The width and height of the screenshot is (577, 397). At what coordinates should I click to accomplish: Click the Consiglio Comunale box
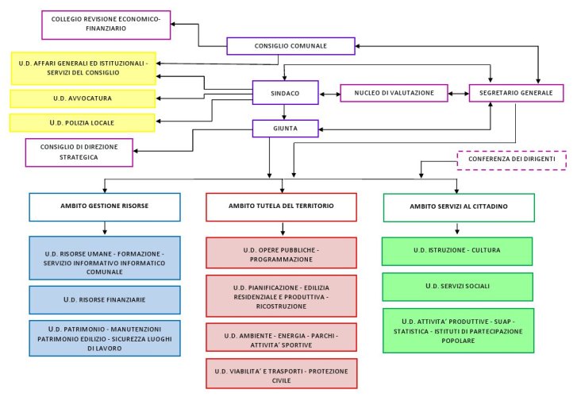tap(290, 46)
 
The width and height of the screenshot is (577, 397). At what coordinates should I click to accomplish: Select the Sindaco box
tap(285, 93)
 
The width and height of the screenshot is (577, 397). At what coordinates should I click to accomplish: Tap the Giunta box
tap(285, 127)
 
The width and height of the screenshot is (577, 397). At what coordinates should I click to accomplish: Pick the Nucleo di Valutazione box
tap(394, 93)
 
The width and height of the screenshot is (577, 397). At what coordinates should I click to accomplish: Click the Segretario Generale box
tap(515, 93)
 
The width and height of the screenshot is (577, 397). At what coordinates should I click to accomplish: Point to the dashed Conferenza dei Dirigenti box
tap(511, 160)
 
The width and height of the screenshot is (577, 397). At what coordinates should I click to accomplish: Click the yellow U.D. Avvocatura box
tap(83, 98)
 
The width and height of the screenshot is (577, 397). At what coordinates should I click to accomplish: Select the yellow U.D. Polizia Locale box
tap(83, 123)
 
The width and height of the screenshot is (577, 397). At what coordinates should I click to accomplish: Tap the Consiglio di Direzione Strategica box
tap(78, 152)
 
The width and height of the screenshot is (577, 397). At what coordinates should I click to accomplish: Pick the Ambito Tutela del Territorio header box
tap(281, 206)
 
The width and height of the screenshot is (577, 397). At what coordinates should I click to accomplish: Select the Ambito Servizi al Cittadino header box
tap(458, 206)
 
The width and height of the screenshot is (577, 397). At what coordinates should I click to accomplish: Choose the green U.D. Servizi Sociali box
tap(456, 286)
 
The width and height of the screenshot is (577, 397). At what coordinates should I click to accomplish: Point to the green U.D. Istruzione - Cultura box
tap(456, 251)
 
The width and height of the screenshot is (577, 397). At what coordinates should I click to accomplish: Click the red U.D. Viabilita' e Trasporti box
tap(281, 374)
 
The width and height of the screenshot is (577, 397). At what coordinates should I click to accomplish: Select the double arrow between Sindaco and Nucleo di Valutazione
tap(329, 94)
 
